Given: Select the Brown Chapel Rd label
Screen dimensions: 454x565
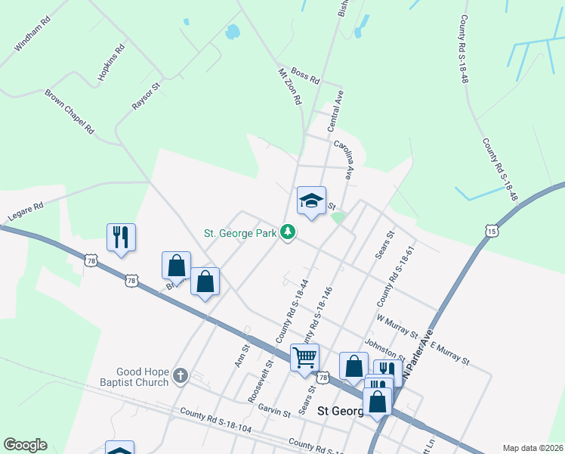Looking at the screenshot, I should click(x=69, y=112).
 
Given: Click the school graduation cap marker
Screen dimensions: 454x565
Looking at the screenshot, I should click(x=311, y=201).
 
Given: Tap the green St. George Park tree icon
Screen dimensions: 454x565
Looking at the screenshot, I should click(x=287, y=232).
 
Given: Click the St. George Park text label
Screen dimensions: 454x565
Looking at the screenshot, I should click(x=240, y=233).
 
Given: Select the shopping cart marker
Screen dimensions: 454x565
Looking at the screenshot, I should click(x=304, y=358).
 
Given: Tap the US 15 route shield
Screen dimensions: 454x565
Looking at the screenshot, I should click(x=492, y=230).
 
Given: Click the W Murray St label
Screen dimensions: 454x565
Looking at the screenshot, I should click(x=397, y=326).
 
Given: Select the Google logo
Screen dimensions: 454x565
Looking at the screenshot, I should click(x=25, y=445).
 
